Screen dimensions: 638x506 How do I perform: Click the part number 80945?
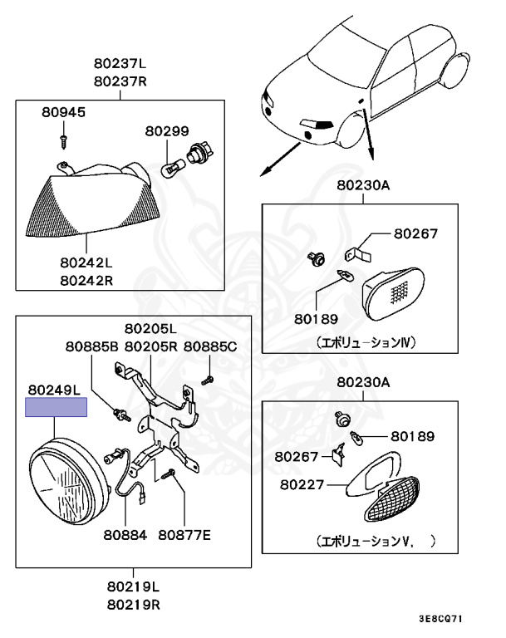[63, 111]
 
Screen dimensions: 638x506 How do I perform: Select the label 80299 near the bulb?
[167, 131]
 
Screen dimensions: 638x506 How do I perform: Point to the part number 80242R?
[86, 280]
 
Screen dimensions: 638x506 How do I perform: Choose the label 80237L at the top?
[120, 65]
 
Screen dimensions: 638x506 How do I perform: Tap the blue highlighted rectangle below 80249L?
[56, 407]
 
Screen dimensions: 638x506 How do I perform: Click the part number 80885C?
[210, 346]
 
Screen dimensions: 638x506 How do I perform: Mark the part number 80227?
[301, 482]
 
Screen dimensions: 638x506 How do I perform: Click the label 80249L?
[53, 389]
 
